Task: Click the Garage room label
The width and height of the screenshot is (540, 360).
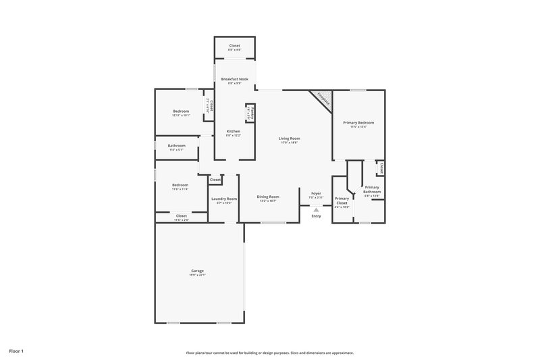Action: tap(197, 271)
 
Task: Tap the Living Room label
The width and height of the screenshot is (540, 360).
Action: tap(289, 138)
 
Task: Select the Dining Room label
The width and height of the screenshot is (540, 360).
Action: tap(268, 197)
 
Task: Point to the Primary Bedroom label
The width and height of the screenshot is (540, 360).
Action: tap(358, 122)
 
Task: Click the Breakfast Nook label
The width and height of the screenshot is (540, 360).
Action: tap(234, 79)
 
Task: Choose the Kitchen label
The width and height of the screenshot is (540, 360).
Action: tap(233, 131)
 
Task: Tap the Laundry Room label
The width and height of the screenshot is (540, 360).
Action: tap(223, 199)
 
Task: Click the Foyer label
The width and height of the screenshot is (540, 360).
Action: tap(316, 194)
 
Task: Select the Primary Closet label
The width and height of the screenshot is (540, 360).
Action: tap(342, 201)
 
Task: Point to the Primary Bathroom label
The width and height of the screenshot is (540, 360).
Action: tap(372, 189)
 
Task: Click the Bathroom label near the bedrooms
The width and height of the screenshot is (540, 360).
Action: tap(177, 146)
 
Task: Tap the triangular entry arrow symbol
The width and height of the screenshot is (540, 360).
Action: tap(316, 210)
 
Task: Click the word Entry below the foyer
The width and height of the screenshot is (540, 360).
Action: tap(316, 216)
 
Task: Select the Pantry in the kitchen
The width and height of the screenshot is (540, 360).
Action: tap(248, 112)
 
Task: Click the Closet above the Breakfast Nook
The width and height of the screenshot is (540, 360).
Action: tap(234, 46)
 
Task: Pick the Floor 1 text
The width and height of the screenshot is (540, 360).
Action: tap(17, 352)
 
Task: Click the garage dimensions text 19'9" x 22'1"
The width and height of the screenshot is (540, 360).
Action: tap(197, 275)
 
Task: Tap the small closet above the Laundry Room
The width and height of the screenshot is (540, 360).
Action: tap(215, 180)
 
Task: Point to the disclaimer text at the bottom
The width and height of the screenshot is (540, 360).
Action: tap(270, 353)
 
